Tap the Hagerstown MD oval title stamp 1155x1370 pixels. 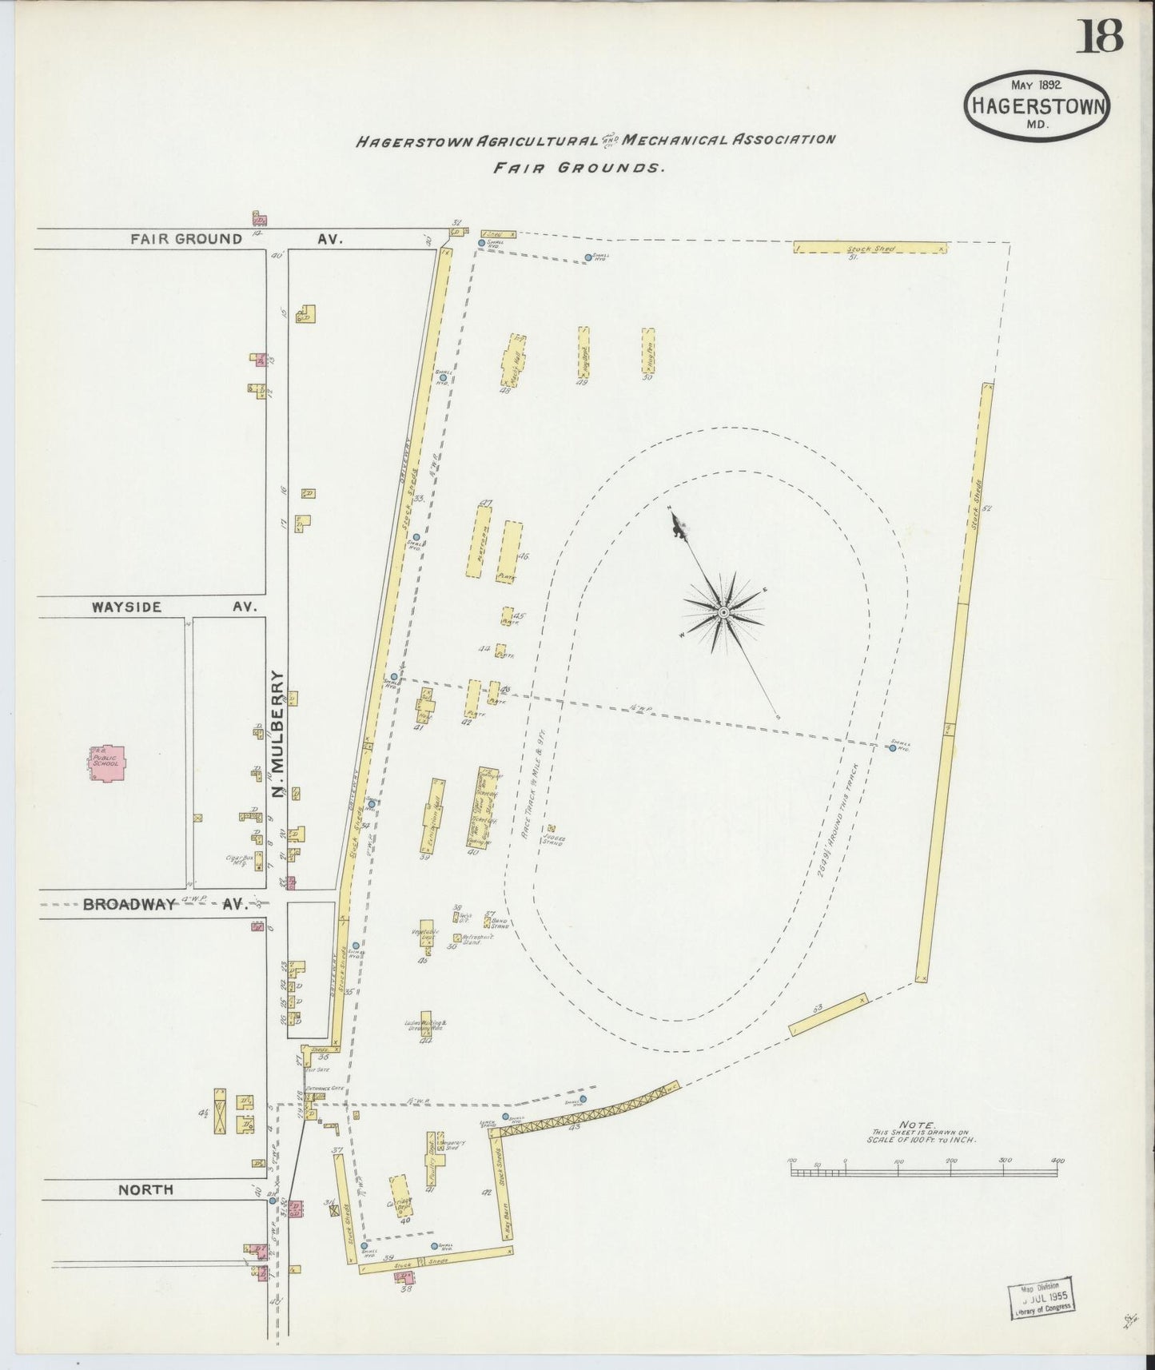click(1038, 104)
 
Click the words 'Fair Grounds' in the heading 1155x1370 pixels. click(579, 169)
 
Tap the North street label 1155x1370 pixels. click(145, 1189)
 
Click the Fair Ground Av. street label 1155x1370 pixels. click(235, 238)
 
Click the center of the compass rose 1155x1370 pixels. click(723, 611)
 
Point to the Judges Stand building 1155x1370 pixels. click(552, 830)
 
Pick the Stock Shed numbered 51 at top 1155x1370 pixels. click(870, 248)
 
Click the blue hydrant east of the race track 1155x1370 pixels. click(892, 747)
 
